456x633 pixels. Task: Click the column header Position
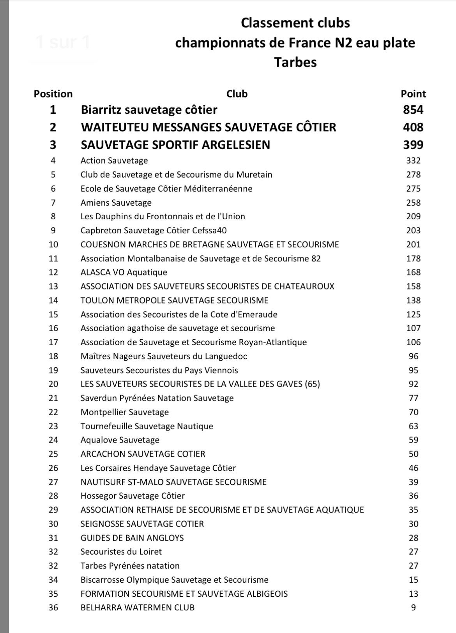pos(53,94)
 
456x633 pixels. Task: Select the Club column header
pos(237,94)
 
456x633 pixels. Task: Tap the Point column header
pos(413,94)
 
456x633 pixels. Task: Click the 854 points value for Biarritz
pos(413,110)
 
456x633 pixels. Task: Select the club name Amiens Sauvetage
pos(116,203)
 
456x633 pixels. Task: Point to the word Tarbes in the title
pos(295,62)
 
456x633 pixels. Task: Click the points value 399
pos(413,145)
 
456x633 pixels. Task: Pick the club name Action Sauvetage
pos(114,160)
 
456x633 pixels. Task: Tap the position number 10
pos(53,245)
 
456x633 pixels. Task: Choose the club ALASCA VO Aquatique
pos(124,272)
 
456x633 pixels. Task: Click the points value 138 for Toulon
pos(413,300)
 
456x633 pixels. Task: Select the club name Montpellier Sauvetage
pos(124,412)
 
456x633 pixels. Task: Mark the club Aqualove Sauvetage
pos(120,440)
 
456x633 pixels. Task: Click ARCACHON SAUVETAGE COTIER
pos(143,454)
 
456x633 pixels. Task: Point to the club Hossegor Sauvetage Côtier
pos(133,496)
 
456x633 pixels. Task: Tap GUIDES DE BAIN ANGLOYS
pos(132,538)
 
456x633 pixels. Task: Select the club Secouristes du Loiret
pos(121,552)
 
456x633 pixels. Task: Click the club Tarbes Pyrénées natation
pos(130,566)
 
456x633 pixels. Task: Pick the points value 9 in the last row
pos(413,607)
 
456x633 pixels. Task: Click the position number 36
pos(53,607)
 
